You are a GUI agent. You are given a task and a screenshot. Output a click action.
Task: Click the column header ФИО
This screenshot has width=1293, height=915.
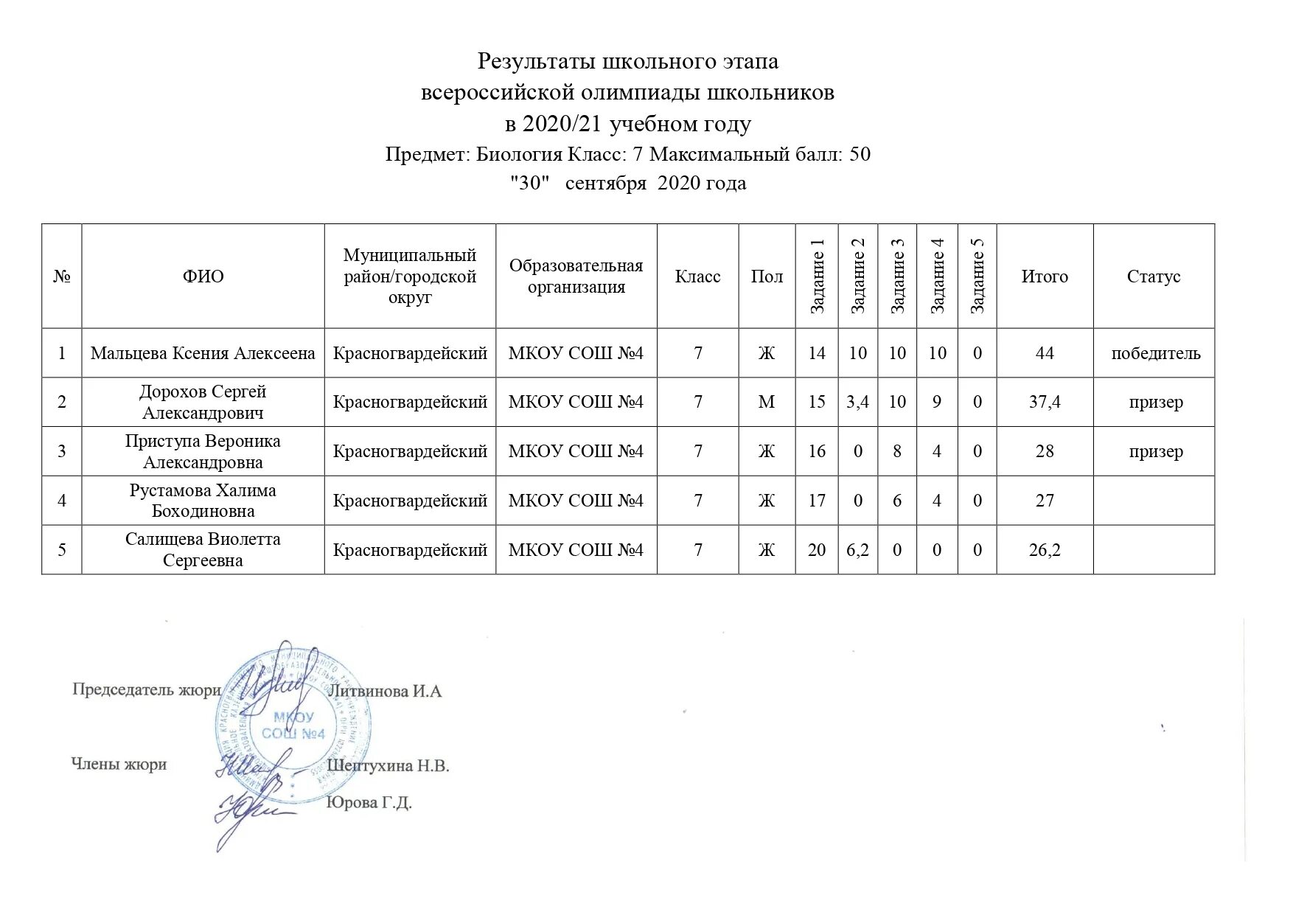coord(203,276)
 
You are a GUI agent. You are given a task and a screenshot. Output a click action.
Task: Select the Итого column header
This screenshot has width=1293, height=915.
coord(1045,276)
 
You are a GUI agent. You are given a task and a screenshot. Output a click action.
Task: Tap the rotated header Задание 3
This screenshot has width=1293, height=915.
coord(897,276)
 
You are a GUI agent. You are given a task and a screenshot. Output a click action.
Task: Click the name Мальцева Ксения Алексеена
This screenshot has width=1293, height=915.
coord(203,353)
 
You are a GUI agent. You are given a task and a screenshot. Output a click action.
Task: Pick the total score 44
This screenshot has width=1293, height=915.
coord(1045,353)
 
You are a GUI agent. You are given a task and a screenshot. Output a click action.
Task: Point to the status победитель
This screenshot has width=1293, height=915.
coord(1155,353)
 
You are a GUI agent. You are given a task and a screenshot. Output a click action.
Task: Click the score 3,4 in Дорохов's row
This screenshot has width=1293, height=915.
coord(857,402)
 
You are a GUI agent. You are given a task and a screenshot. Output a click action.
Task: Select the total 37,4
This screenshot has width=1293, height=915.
coord(1045,402)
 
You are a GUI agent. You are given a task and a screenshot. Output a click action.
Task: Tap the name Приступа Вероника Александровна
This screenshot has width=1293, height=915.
coord(203,451)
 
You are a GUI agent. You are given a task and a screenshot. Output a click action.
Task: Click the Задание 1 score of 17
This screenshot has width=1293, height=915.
coord(817,501)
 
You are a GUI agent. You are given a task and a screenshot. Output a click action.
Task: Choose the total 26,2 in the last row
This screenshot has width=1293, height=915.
coord(1045,550)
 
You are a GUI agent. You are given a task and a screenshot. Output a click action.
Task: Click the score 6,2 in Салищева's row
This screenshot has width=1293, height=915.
coord(857,550)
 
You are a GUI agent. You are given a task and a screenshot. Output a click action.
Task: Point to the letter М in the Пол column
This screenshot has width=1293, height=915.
coord(767,402)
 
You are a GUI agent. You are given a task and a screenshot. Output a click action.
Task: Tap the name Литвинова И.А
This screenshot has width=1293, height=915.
coord(384,692)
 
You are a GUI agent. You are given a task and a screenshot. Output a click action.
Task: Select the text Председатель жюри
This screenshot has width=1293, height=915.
coord(146,690)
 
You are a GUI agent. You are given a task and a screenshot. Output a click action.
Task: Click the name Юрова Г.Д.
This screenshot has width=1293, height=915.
coord(369,802)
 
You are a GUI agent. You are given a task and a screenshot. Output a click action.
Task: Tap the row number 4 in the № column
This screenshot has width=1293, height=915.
coord(62,501)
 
